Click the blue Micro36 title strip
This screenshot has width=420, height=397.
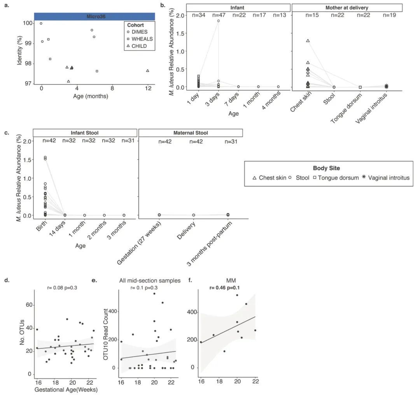94,16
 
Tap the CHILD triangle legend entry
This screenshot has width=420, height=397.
139,46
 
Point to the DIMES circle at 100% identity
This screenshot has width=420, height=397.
41,23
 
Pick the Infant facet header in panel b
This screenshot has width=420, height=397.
238,7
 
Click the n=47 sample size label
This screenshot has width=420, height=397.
218,16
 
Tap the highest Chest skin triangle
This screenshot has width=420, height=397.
308,41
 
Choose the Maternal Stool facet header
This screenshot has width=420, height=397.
191,133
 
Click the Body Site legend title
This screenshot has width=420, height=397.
326,168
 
